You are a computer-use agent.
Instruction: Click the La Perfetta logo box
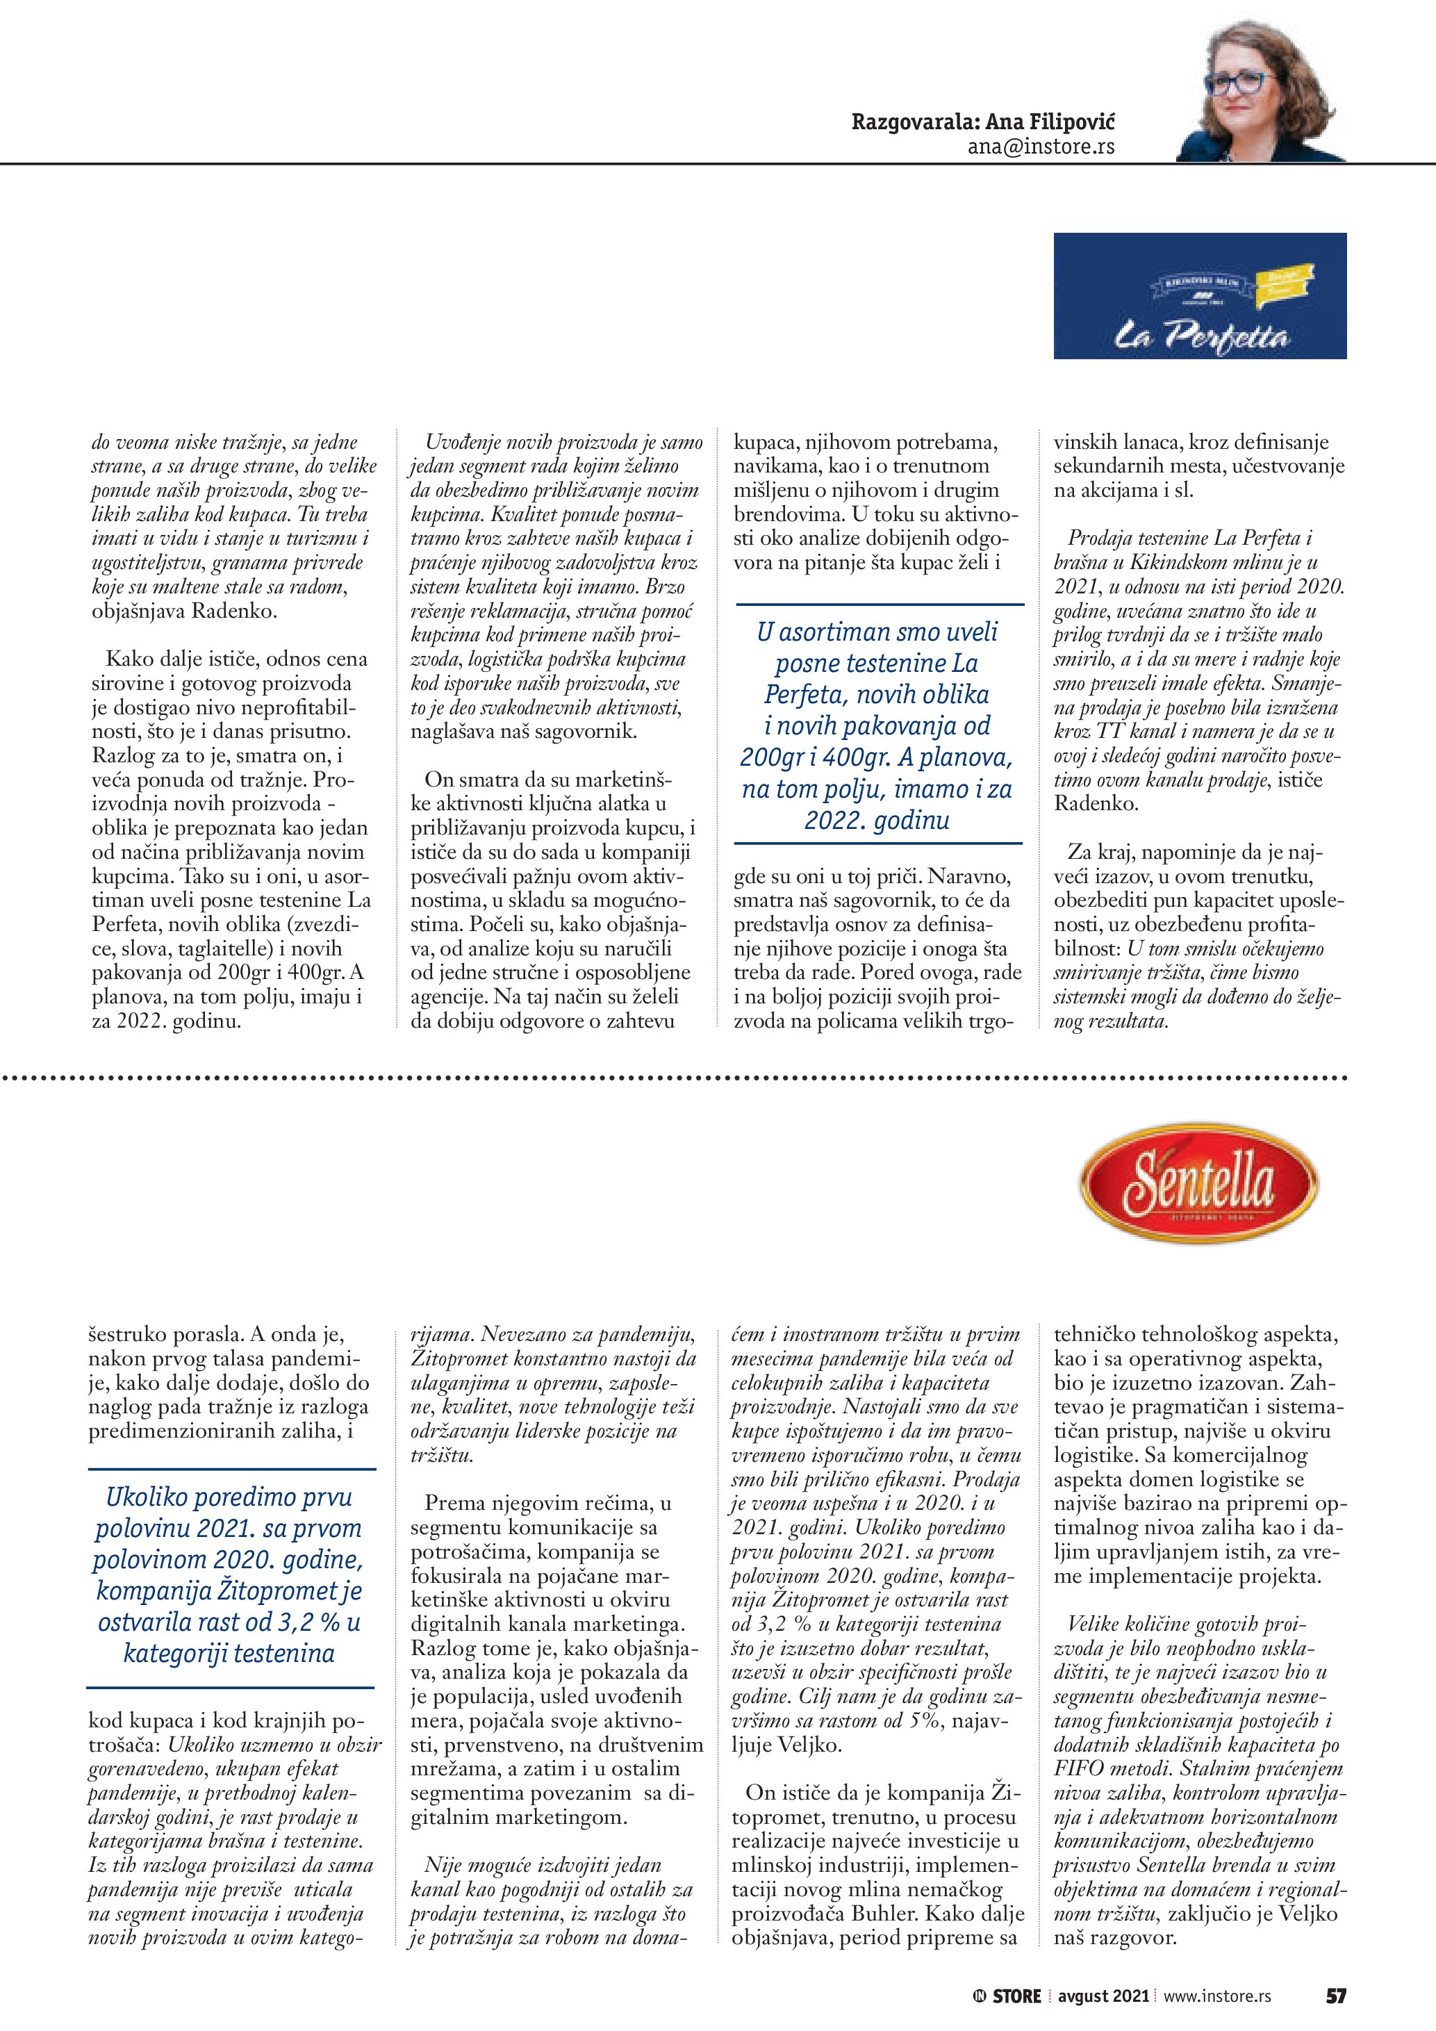(1199, 295)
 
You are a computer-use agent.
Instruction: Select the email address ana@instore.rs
(1041, 147)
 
